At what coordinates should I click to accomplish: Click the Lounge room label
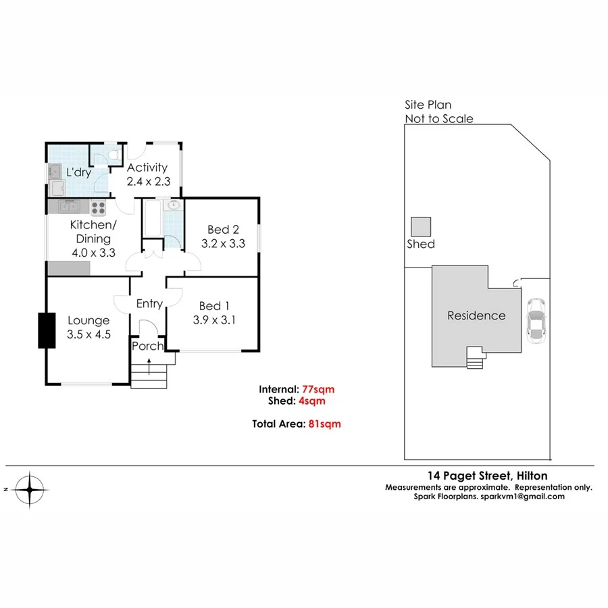point(88,320)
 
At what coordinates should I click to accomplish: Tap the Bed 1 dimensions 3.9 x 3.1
point(213,321)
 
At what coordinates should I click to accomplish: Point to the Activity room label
point(147,168)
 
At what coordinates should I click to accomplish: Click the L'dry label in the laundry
point(78,172)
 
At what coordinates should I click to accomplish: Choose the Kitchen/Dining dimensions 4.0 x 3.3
point(93,253)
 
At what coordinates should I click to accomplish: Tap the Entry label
point(149,304)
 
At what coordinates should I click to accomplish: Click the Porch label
point(147,346)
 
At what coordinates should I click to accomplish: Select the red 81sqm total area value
point(324,424)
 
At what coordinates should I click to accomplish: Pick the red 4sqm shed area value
point(314,401)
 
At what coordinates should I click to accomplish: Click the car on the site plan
point(536,320)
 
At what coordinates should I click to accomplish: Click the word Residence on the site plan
point(476,315)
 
